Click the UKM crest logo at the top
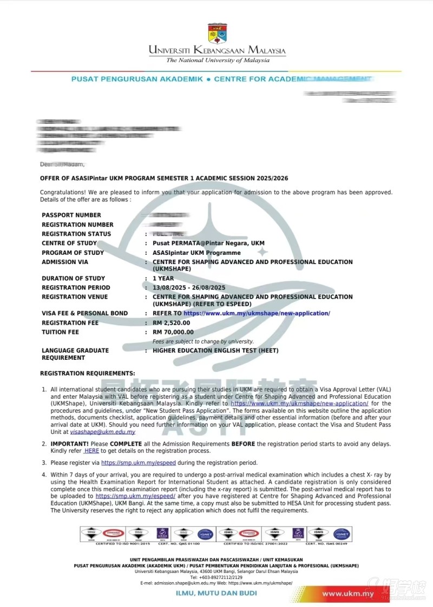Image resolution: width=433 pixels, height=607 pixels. point(218,33)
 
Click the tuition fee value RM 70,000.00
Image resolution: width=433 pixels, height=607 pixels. point(173,332)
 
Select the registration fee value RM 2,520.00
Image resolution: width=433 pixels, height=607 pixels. point(172,323)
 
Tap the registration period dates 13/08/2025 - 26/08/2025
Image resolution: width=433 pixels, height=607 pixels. point(189,288)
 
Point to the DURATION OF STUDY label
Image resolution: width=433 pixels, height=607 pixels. point(73,279)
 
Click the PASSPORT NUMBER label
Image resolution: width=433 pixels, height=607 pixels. point(71,215)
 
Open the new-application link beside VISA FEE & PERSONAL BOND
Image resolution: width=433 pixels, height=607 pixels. point(257,313)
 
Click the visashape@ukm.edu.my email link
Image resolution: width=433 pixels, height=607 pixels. point(103,432)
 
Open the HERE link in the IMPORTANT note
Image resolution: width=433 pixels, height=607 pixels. point(91,451)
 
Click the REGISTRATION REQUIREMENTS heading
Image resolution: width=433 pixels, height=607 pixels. point(88,373)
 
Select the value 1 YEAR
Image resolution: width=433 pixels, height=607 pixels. point(163,279)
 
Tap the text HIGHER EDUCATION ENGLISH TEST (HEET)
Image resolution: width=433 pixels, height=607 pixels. point(215,351)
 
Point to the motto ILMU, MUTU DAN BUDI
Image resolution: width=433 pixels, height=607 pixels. point(216,593)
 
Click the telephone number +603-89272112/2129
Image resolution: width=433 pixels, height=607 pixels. point(216,577)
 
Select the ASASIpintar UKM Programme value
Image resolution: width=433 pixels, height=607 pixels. point(196,253)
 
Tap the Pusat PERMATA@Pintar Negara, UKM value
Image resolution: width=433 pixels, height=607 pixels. point(208,243)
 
